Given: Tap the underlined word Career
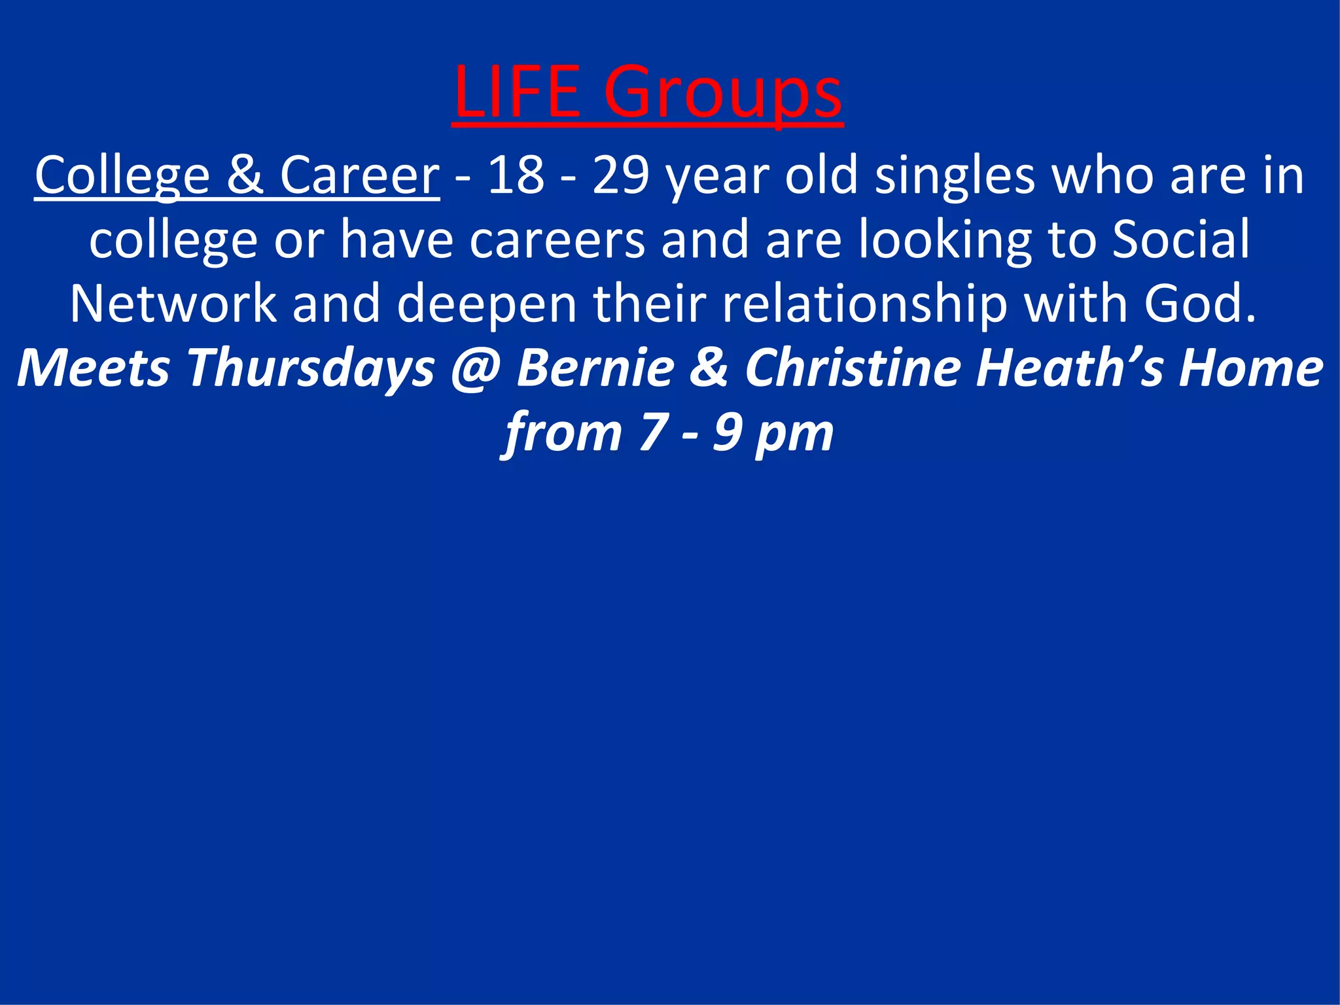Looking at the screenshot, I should pos(359,175).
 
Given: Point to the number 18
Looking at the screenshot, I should pos(516,175).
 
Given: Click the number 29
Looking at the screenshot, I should pos(621,175).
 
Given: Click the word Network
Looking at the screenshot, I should pos(173,303).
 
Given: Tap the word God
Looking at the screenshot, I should pos(1199,303).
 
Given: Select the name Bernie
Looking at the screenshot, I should pos(595,367).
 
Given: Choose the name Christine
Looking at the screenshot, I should pos(853,367).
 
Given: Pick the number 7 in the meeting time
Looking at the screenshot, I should pos(652,432).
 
